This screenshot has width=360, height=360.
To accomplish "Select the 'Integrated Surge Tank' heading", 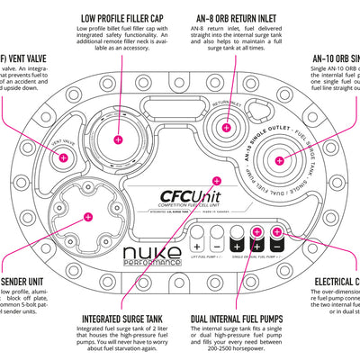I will pos(121,318).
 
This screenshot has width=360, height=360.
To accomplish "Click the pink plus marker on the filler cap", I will pos(120,140).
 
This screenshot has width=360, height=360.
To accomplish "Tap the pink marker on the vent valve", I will pos(64,157).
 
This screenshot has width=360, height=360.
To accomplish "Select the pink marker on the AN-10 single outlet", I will pos(278,160).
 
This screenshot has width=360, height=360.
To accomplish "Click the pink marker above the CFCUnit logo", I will pos(216,180).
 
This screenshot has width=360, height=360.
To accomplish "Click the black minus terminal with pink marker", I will pos(276,243).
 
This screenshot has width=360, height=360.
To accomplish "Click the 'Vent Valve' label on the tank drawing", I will pos(62,141).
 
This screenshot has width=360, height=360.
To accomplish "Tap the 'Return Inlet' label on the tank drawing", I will pos(225,104).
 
